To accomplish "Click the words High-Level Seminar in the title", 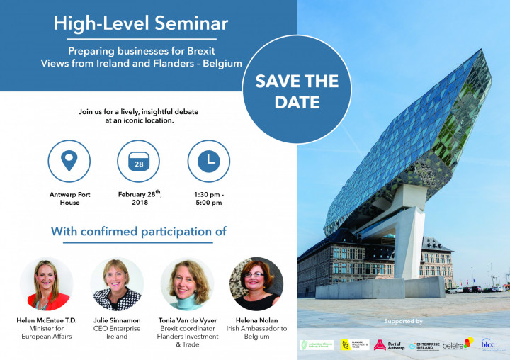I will coord(141,23).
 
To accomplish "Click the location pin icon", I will coord(68,162).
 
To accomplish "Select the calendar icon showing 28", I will coord(138,162).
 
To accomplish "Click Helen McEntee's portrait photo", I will coord(46,284).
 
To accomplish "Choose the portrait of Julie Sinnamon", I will coord(117,284).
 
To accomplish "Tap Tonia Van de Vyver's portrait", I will coord(187,284).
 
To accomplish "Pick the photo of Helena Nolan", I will coord(256,284).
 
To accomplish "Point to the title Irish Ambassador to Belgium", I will coord(256,333).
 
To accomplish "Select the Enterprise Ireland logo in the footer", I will coord(424,345).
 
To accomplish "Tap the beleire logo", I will coord(456,344).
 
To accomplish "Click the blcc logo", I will coord(489,344).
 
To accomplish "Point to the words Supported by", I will coord(403,321).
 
